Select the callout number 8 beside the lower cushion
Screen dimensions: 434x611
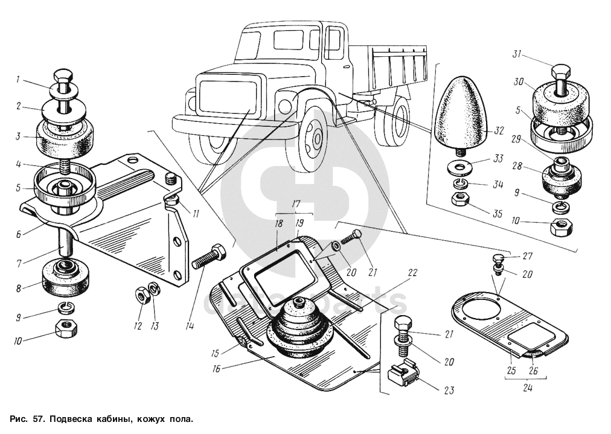(19, 289)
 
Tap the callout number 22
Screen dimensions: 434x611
(412, 273)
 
